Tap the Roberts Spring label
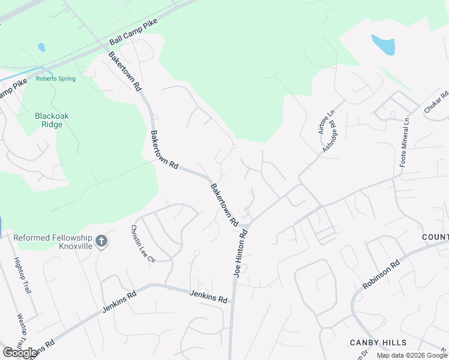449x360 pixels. pos(56,79)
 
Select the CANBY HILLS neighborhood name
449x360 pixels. pos(378,343)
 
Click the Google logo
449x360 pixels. pos(19,352)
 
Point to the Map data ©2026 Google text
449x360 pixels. pos(411,355)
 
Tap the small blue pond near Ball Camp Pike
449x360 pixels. pos(41,46)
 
